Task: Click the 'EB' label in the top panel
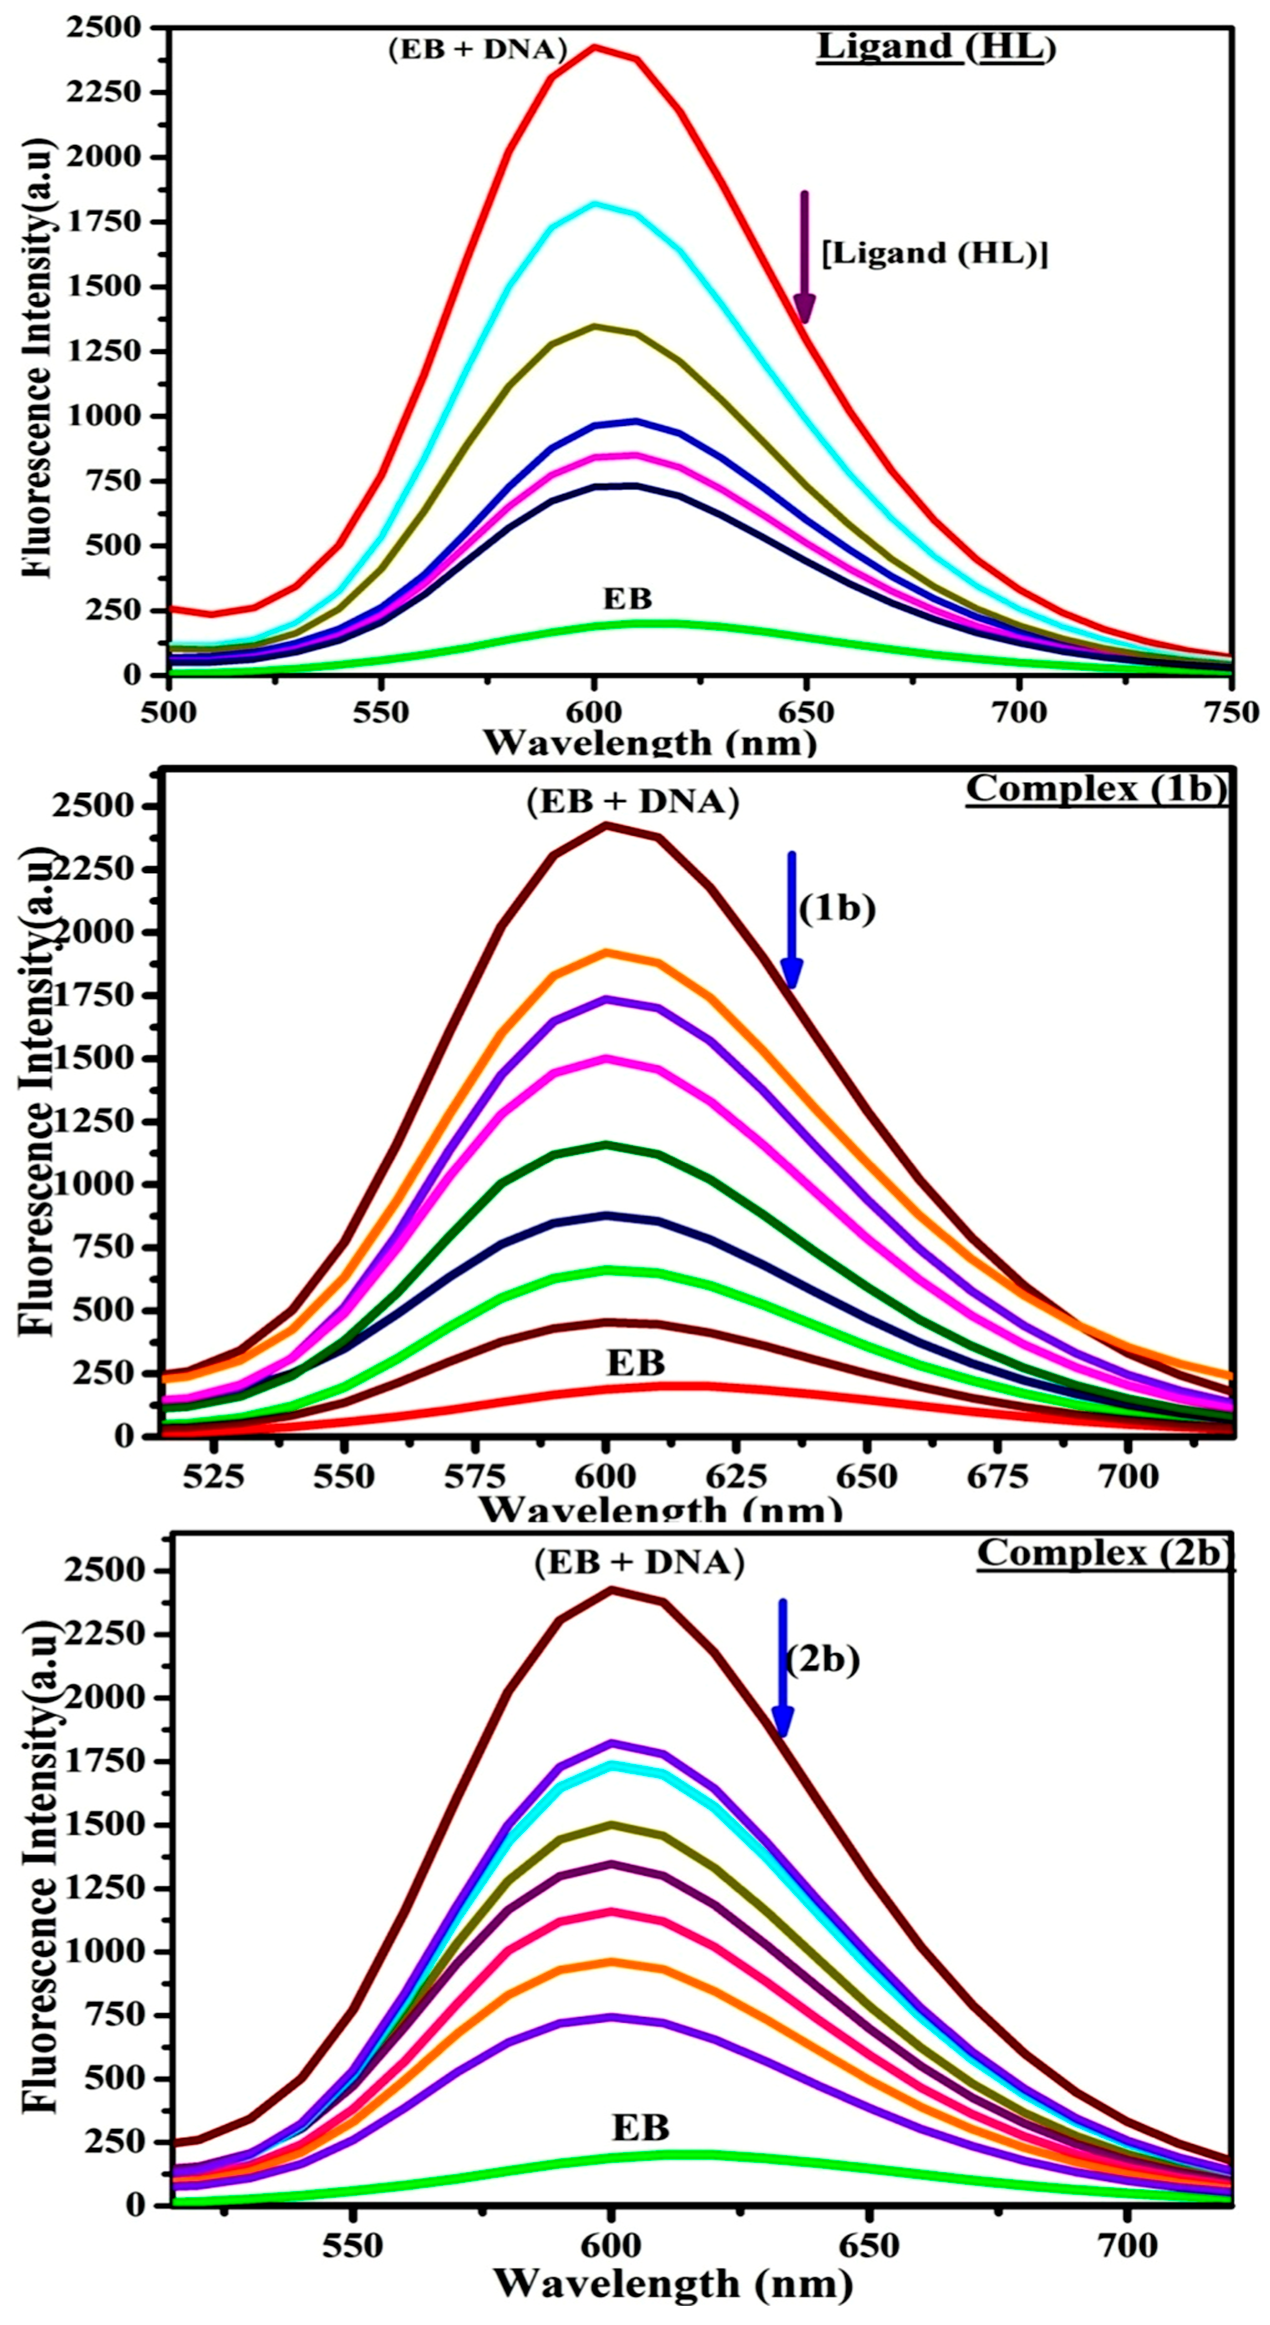(627, 598)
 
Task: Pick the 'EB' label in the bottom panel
(641, 2128)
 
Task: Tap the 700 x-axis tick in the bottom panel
(1127, 2239)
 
